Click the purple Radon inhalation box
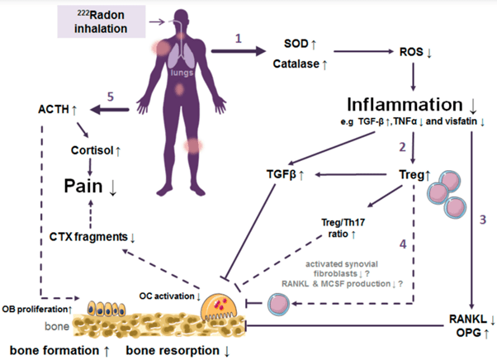click(x=97, y=20)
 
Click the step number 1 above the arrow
click(x=239, y=39)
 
